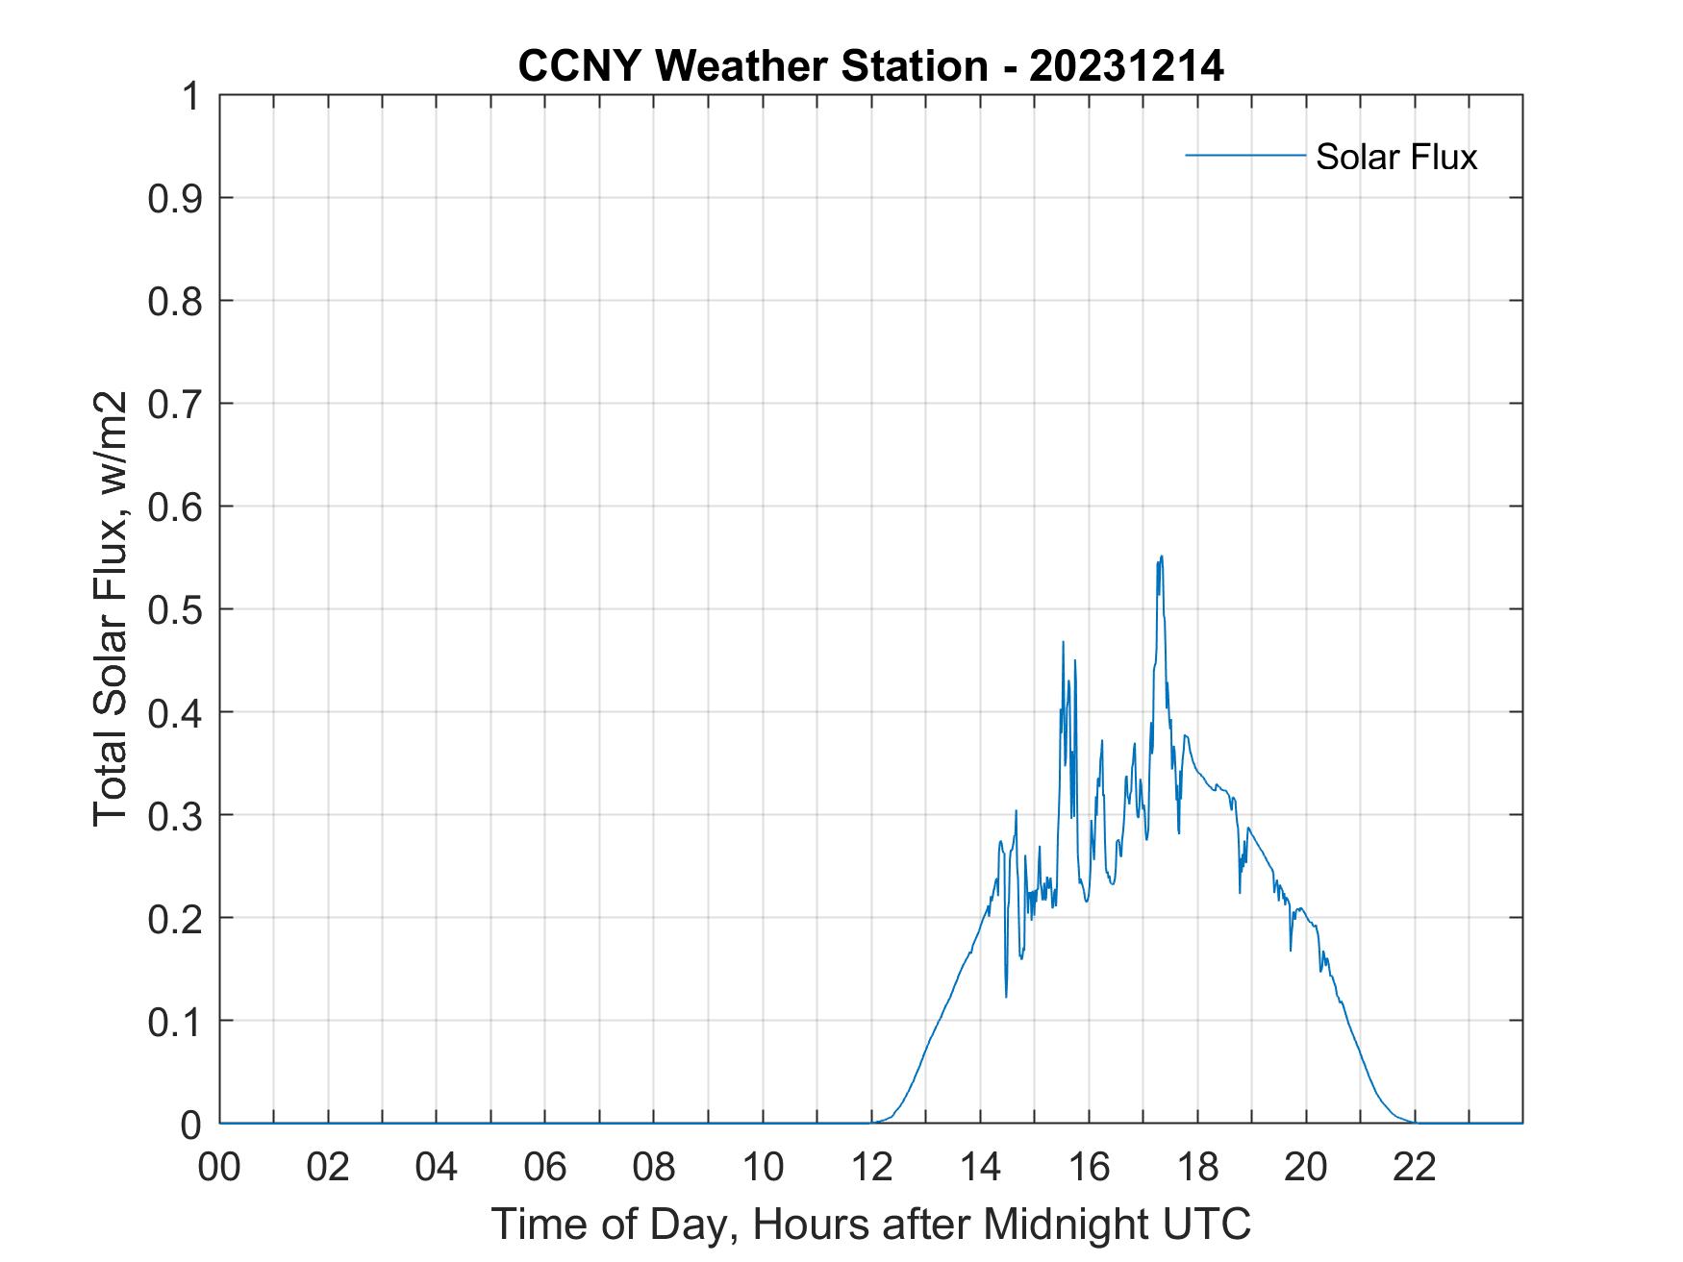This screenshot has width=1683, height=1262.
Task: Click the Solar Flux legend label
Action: tap(1395, 157)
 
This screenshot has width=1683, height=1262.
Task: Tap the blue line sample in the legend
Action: tap(1244, 155)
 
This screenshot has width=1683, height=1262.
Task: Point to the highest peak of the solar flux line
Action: tap(1161, 557)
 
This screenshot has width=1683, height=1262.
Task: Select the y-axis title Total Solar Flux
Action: tap(111, 607)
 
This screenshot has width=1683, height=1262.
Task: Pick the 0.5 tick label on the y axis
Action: tap(177, 609)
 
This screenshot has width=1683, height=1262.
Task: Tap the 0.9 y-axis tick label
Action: tap(177, 198)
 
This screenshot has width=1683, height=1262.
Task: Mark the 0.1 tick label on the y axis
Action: tap(177, 1022)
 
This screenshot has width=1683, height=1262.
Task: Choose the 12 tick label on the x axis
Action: tap(871, 1169)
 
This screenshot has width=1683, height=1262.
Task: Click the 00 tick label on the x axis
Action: tap(219, 1169)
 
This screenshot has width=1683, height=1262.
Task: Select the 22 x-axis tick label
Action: tap(1415, 1169)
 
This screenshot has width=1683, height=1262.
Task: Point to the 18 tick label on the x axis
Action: tap(1197, 1169)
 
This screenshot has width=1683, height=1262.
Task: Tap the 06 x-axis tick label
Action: tap(545, 1169)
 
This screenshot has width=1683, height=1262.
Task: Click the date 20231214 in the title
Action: tap(1126, 66)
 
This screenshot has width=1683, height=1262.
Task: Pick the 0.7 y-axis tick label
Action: tap(177, 404)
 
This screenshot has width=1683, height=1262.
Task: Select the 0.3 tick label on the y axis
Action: tap(177, 815)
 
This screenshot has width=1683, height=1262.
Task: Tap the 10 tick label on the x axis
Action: tap(763, 1169)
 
